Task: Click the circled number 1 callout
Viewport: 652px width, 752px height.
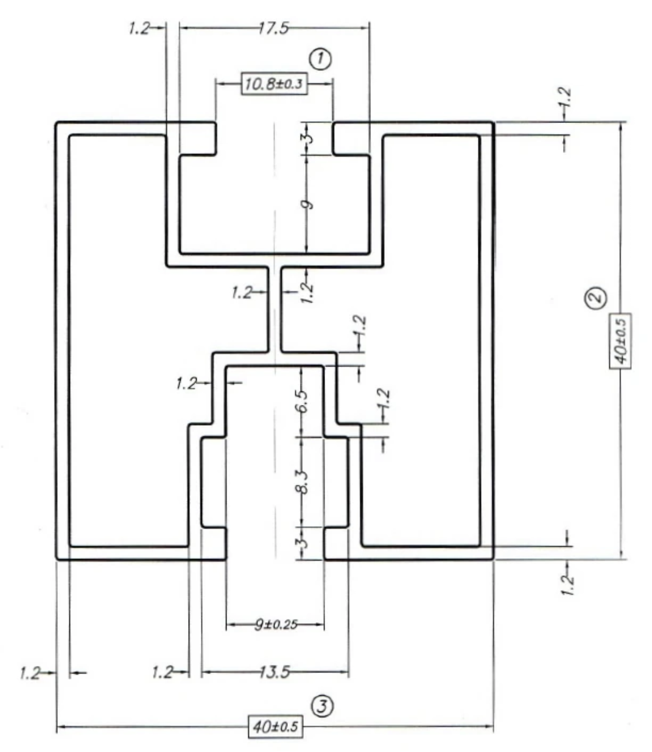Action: pos(320,58)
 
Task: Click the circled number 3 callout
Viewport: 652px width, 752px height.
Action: pos(322,706)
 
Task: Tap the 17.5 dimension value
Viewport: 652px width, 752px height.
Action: pos(274,28)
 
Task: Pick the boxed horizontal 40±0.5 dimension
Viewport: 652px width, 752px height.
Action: pos(275,726)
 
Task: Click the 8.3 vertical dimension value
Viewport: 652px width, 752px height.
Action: pos(308,480)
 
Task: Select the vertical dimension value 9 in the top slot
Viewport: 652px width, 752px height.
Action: pos(308,204)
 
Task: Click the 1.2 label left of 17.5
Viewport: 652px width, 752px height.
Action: pos(139,28)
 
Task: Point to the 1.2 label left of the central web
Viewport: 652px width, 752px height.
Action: pos(242,293)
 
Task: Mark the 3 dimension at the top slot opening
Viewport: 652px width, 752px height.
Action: pos(309,138)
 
